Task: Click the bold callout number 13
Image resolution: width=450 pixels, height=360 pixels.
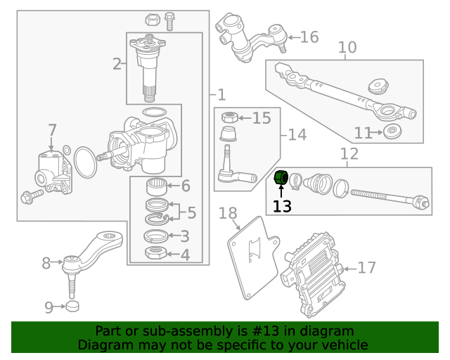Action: tap(282, 207)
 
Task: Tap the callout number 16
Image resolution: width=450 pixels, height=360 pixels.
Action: tap(309, 37)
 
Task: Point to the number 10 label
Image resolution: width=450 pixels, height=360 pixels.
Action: tap(347, 48)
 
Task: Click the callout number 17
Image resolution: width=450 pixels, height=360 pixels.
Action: tap(367, 268)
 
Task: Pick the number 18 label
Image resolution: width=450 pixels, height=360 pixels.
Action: tap(228, 213)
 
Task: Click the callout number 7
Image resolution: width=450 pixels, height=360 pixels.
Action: tap(52, 130)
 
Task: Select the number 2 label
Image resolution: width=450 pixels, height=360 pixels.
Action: tap(117, 65)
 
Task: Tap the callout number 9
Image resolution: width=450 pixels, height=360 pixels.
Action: tap(49, 307)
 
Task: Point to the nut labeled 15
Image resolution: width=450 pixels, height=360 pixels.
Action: tap(228, 117)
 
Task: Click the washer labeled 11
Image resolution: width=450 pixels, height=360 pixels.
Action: tap(392, 131)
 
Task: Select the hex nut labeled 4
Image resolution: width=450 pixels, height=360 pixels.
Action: tap(155, 254)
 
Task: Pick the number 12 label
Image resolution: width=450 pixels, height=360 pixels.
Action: tap(349, 154)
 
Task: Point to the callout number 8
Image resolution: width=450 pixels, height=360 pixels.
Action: tap(46, 264)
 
